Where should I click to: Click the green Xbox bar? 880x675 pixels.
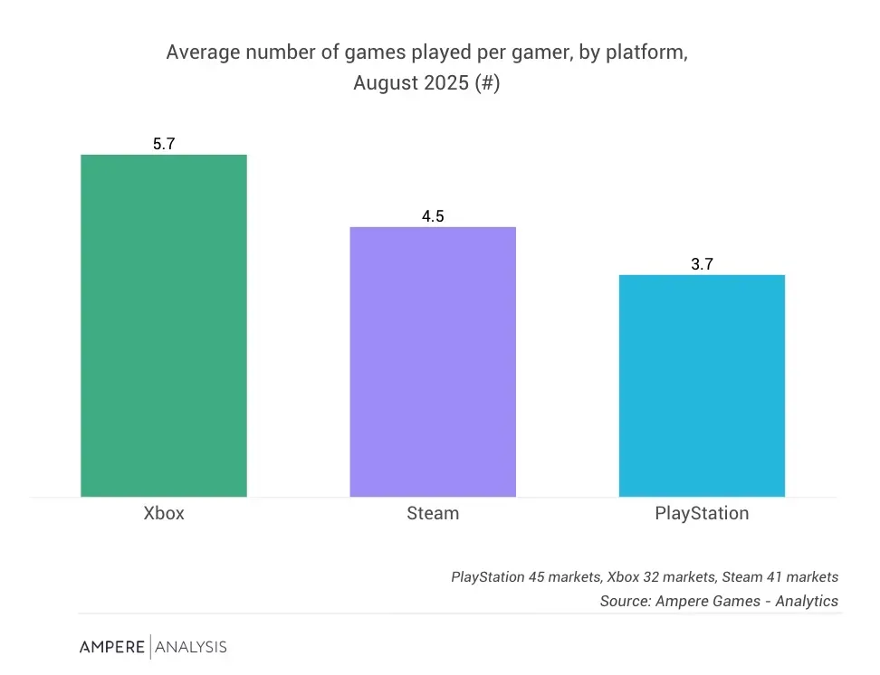pyautogui.click(x=164, y=326)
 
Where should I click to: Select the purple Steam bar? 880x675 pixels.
pyautogui.click(x=433, y=362)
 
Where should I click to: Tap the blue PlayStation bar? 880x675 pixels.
pyautogui.click(x=702, y=385)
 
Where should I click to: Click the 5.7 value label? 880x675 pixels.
pyautogui.click(x=164, y=144)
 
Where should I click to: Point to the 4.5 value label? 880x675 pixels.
pyautogui.click(x=433, y=216)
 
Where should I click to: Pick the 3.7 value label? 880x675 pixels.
pyautogui.click(x=702, y=264)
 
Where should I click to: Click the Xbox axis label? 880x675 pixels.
pyautogui.click(x=164, y=513)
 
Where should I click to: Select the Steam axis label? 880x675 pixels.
pyautogui.click(x=433, y=513)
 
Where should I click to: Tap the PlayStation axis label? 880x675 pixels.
pyautogui.click(x=702, y=513)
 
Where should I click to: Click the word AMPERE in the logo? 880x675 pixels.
pyautogui.click(x=111, y=647)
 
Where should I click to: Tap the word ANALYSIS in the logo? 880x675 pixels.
pyautogui.click(x=191, y=647)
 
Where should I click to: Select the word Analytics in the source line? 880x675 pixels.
pyautogui.click(x=807, y=601)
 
